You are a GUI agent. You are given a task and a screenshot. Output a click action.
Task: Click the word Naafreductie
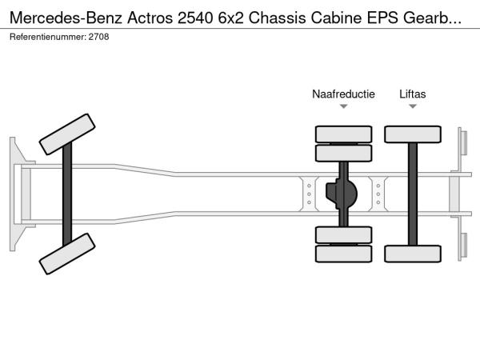pyautogui.click(x=343, y=94)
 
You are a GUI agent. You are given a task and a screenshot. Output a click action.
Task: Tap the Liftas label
pyautogui.click(x=413, y=94)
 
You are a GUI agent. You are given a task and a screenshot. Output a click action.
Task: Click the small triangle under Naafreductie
pyautogui.click(x=343, y=106)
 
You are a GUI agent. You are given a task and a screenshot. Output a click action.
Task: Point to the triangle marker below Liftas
pyautogui.click(x=413, y=106)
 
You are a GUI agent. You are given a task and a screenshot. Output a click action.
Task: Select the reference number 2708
pyautogui.click(x=99, y=37)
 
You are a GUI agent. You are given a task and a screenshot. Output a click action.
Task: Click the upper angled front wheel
pyautogui.click(x=68, y=134)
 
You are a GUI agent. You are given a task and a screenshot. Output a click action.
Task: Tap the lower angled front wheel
pyautogui.click(x=68, y=254)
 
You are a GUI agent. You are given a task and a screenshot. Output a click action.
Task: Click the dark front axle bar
pyautogui.click(x=68, y=194)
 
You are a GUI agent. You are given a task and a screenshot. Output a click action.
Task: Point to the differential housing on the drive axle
pyautogui.click(x=343, y=194)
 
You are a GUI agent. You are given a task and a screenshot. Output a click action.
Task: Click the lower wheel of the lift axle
pyautogui.click(x=413, y=254)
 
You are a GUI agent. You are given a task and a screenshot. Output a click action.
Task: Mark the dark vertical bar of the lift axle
pyautogui.click(x=413, y=194)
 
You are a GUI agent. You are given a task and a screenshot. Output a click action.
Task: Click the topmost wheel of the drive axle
pyautogui.click(x=343, y=134)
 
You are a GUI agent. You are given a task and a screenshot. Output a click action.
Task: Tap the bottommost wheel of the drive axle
pyautogui.click(x=343, y=254)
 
